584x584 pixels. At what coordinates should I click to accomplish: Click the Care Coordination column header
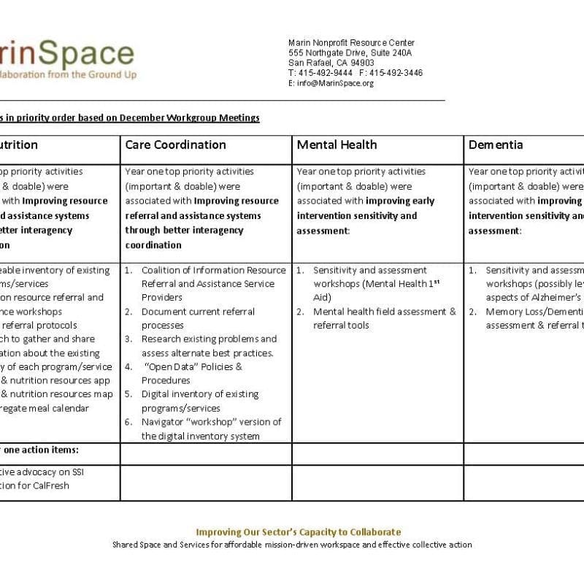tap(175, 145)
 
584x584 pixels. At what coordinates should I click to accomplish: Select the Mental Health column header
tap(337, 145)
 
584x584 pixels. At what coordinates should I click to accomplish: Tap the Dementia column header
tap(496, 145)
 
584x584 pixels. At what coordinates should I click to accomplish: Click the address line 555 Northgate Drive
tap(350, 53)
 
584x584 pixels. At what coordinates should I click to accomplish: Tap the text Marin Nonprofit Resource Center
tap(351, 42)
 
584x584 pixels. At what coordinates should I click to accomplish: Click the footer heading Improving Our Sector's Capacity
tap(298, 532)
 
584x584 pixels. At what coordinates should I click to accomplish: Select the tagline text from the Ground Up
tap(103, 74)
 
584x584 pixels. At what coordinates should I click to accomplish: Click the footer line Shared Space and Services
tap(292, 545)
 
